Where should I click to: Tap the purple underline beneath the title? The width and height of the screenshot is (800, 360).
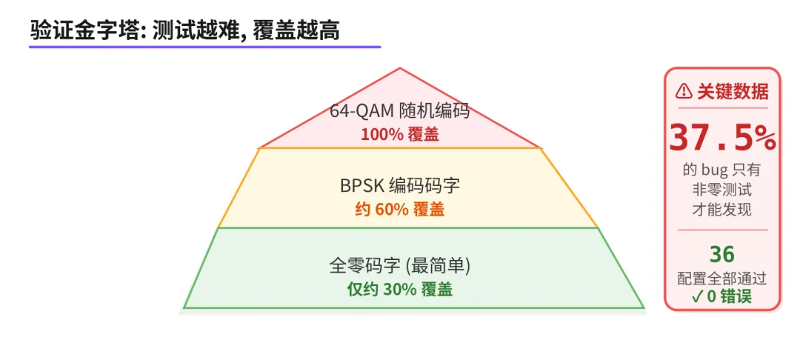coord(204,47)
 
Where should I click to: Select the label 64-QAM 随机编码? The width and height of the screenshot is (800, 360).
coord(400,112)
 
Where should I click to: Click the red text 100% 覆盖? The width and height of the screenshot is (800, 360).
coord(400,134)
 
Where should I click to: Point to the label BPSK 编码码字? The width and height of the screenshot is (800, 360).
coord(400,187)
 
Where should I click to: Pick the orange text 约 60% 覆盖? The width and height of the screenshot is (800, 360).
coord(400,209)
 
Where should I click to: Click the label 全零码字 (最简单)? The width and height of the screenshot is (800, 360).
coord(400,266)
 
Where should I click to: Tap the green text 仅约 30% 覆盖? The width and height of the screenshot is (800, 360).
coord(400,289)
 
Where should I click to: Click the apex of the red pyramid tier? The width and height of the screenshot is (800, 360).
coord(400,70)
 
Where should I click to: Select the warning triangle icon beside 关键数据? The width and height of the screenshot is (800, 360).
coord(684,92)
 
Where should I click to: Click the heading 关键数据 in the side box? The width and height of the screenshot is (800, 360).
coord(733,92)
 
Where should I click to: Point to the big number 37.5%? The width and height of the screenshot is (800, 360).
coord(722,136)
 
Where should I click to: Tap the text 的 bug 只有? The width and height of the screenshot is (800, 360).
coord(721,170)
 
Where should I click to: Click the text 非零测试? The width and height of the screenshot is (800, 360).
coord(721,190)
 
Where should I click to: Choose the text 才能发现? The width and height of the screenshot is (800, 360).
coord(721,210)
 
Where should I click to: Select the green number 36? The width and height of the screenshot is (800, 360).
coord(721,254)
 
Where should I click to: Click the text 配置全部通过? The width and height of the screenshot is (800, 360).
coord(721,279)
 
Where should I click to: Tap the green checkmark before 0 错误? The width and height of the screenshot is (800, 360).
coord(698,296)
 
